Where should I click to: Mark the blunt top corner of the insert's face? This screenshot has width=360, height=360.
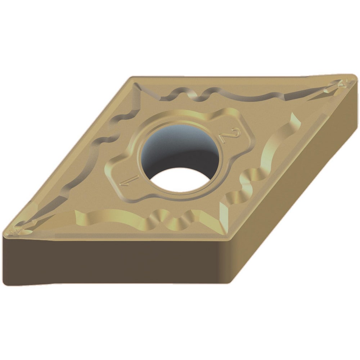click(133, 78)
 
